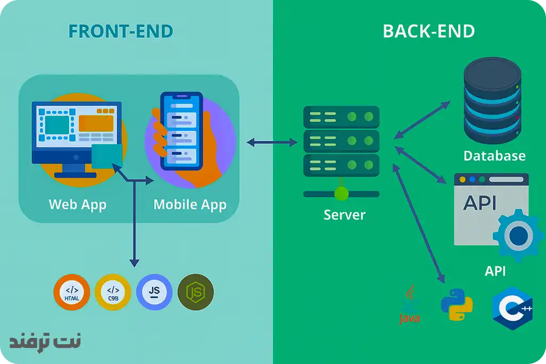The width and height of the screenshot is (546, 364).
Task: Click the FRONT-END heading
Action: pyautogui.click(x=121, y=31)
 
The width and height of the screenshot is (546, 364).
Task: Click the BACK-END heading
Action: pyautogui.click(x=429, y=31)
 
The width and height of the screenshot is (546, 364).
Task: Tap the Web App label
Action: pyautogui.click(x=78, y=204)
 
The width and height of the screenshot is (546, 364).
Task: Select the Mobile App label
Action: pyautogui.click(x=190, y=204)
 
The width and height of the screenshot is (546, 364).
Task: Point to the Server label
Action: pyautogui.click(x=345, y=215)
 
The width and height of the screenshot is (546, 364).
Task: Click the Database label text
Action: pyautogui.click(x=494, y=156)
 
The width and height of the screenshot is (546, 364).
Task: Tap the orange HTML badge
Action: pyautogui.click(x=71, y=293)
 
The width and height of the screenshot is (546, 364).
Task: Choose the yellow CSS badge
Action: pyautogui.click(x=112, y=293)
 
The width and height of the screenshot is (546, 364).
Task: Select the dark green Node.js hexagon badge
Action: pyautogui.click(x=195, y=292)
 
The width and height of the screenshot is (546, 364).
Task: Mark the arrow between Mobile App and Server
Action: pyautogui.click(x=272, y=142)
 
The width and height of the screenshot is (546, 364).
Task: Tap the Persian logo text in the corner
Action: pyautogui.click(x=45, y=341)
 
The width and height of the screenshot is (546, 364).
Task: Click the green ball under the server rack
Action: pyautogui.click(x=341, y=193)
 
